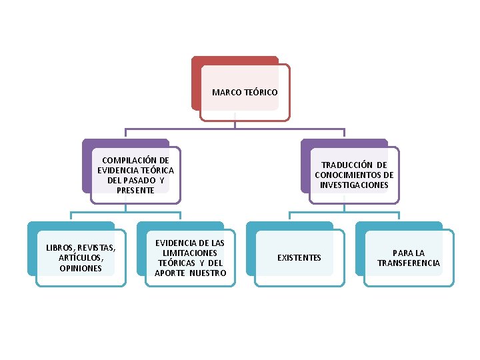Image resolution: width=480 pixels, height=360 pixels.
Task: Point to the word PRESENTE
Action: click(x=135, y=190)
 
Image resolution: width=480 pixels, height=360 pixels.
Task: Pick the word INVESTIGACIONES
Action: click(x=354, y=185)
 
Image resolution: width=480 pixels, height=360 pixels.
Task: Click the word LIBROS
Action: click(x=59, y=248)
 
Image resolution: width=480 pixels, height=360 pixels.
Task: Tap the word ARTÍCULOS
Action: click(x=81, y=258)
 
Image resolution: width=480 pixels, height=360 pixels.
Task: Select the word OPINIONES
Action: click(x=81, y=268)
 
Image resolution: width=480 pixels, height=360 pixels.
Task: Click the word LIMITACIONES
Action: click(x=190, y=253)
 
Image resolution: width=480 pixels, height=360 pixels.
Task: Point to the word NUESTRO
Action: click(x=207, y=273)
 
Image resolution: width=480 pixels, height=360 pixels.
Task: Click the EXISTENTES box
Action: click(x=299, y=258)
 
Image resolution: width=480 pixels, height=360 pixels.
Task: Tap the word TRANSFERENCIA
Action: click(x=409, y=263)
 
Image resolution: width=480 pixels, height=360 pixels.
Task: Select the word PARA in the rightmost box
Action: click(x=401, y=253)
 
